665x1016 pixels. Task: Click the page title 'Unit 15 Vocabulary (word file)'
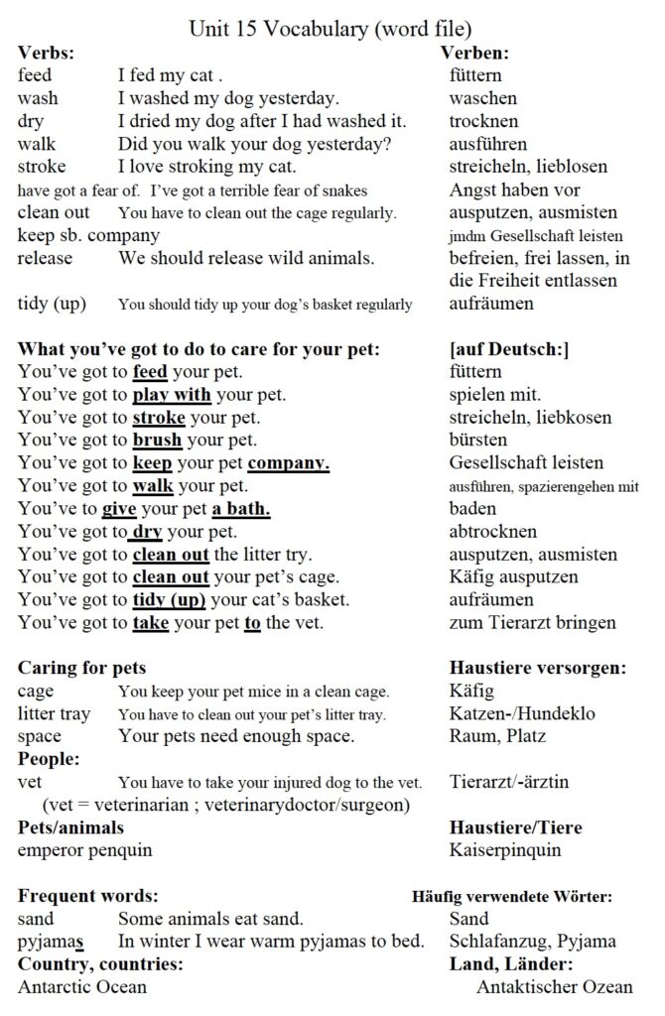[x=331, y=29]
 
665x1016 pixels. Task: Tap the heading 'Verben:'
[x=474, y=53]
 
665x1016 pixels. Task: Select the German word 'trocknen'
[x=483, y=121]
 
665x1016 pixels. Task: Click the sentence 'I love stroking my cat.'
[x=206, y=167]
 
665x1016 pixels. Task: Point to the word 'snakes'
[x=342, y=190]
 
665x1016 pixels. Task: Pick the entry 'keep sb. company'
[x=88, y=235]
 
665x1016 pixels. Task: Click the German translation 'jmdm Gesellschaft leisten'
[x=536, y=236]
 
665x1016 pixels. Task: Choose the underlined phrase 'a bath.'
[x=241, y=509]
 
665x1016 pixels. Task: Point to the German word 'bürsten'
[x=478, y=440]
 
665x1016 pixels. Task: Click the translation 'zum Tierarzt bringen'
[x=532, y=623]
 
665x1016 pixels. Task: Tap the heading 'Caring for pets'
[x=82, y=668]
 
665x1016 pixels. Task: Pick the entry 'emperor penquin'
[x=85, y=849]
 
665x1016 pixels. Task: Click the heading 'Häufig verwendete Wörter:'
[x=512, y=896]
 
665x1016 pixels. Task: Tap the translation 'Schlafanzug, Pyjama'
[x=532, y=942]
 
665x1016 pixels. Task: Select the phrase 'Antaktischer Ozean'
[x=554, y=987]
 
